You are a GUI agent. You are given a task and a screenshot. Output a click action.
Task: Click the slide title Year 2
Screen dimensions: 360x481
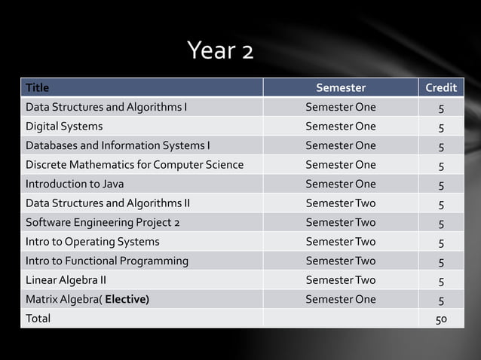(220, 51)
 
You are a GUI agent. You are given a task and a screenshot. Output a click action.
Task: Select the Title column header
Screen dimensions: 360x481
(38, 88)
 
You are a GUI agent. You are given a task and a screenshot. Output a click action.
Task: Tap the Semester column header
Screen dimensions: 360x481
(340, 88)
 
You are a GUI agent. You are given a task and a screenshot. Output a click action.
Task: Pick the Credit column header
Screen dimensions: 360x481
(441, 88)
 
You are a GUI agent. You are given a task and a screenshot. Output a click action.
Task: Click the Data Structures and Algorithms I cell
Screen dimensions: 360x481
(106, 107)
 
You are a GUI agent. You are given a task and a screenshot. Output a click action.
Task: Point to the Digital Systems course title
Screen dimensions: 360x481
(64, 126)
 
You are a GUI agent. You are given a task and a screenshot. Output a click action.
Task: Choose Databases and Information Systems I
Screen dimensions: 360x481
(118, 145)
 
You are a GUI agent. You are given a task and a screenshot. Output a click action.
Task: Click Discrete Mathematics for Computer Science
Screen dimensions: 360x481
(134, 164)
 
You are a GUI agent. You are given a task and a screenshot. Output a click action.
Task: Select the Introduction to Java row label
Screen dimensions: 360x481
(75, 184)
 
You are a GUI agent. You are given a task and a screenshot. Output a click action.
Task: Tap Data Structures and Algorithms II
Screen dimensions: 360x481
(108, 203)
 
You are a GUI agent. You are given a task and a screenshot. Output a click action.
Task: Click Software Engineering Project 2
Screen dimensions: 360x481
(103, 223)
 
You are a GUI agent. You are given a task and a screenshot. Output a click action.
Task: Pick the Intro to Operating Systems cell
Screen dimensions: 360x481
(93, 242)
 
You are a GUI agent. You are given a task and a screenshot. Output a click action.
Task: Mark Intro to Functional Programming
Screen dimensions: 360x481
(107, 261)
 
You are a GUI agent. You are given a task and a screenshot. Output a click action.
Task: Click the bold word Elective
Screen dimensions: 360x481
(126, 300)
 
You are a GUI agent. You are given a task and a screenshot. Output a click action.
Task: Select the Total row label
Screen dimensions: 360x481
(38, 319)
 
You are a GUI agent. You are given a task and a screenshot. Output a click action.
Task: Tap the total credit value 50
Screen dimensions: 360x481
(441, 319)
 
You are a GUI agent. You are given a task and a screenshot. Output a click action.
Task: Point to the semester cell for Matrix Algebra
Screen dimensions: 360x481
(340, 300)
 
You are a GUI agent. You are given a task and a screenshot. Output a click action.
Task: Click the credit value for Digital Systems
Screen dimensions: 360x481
(441, 127)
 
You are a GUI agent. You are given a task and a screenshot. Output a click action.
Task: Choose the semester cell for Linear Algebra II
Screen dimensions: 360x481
(340, 280)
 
